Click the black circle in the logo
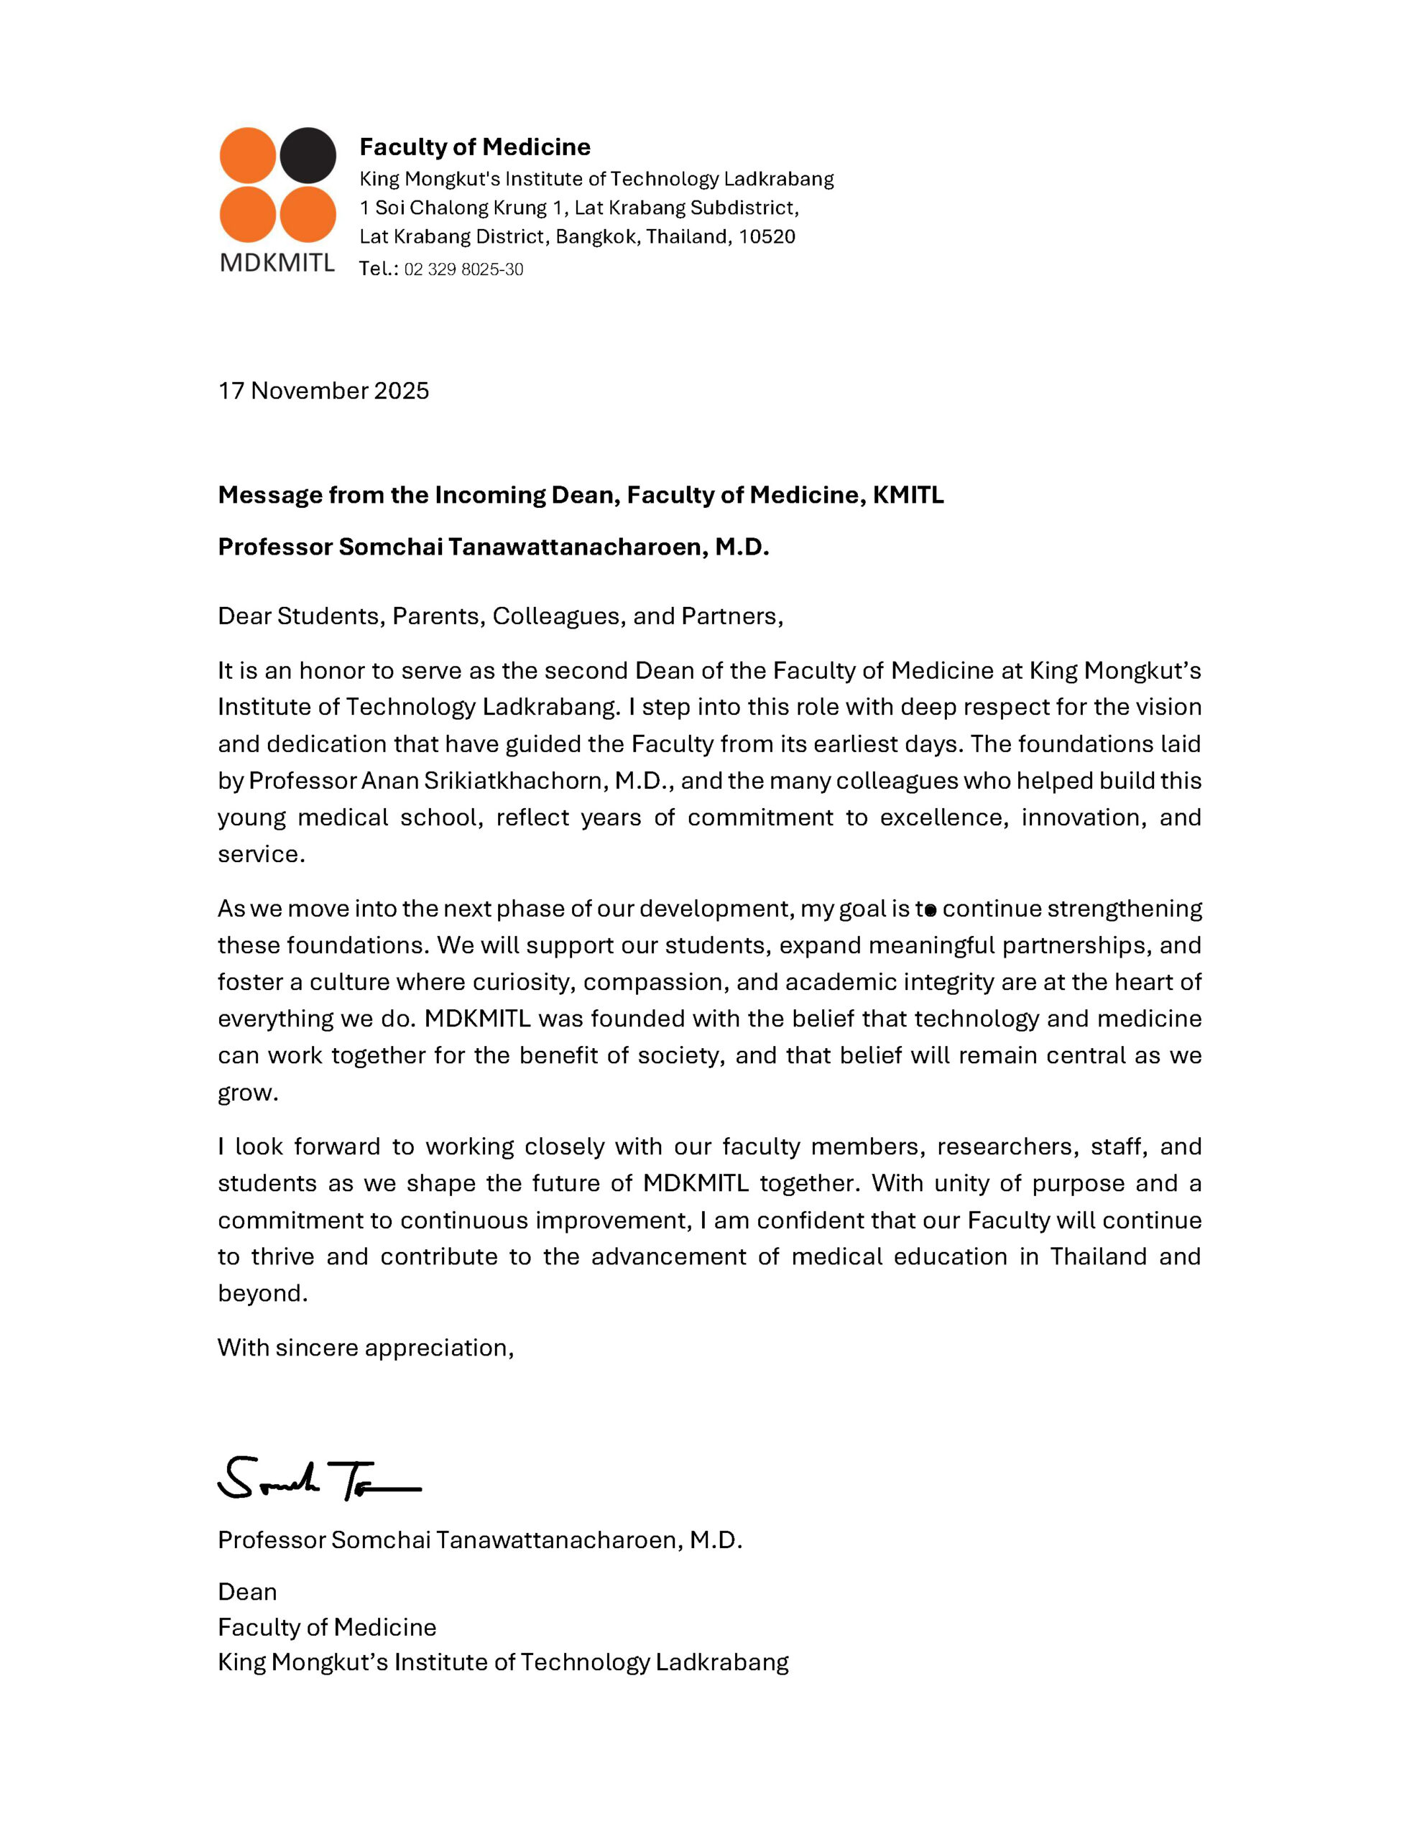click(308, 156)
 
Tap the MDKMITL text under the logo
click(277, 263)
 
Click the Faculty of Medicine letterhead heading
click(474, 147)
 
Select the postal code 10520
click(767, 236)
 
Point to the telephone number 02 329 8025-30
click(463, 269)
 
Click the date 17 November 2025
click(323, 391)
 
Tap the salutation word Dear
click(244, 616)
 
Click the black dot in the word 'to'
click(930, 910)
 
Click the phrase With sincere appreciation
click(366, 1348)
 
